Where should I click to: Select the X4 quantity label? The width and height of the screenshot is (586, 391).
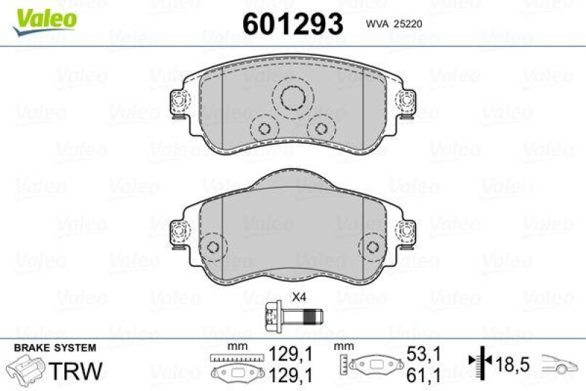(x=298, y=297)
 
